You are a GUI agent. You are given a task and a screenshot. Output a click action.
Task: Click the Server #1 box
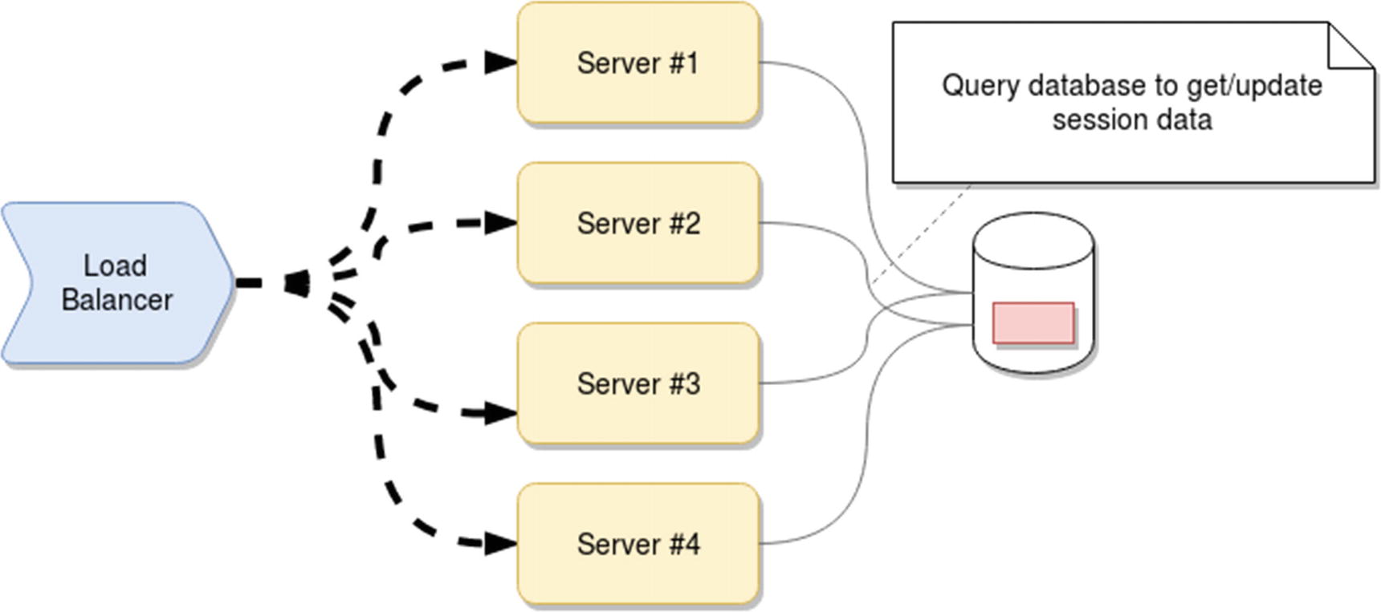point(638,63)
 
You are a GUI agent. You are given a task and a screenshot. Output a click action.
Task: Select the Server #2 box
point(638,223)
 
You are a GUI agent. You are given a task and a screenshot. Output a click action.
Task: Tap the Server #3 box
point(638,383)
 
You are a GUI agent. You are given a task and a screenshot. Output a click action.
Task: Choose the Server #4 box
point(638,544)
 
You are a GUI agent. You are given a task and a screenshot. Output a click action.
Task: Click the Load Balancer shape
point(116,283)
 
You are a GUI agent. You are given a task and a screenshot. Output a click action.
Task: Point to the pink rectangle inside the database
point(1033,322)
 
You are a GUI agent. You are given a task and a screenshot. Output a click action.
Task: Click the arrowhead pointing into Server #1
point(502,62)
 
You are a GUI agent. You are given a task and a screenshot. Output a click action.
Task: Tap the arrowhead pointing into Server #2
point(502,222)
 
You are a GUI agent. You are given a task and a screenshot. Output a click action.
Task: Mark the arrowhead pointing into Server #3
point(502,414)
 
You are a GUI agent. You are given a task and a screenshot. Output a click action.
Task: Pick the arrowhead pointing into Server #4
point(502,544)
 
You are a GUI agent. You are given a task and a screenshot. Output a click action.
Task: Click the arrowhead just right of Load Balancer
point(297,283)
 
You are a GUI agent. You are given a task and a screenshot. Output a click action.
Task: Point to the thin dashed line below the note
point(923,233)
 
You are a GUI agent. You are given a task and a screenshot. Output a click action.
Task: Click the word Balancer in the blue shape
point(117,300)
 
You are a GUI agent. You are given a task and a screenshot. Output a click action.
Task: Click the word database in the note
point(1088,86)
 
